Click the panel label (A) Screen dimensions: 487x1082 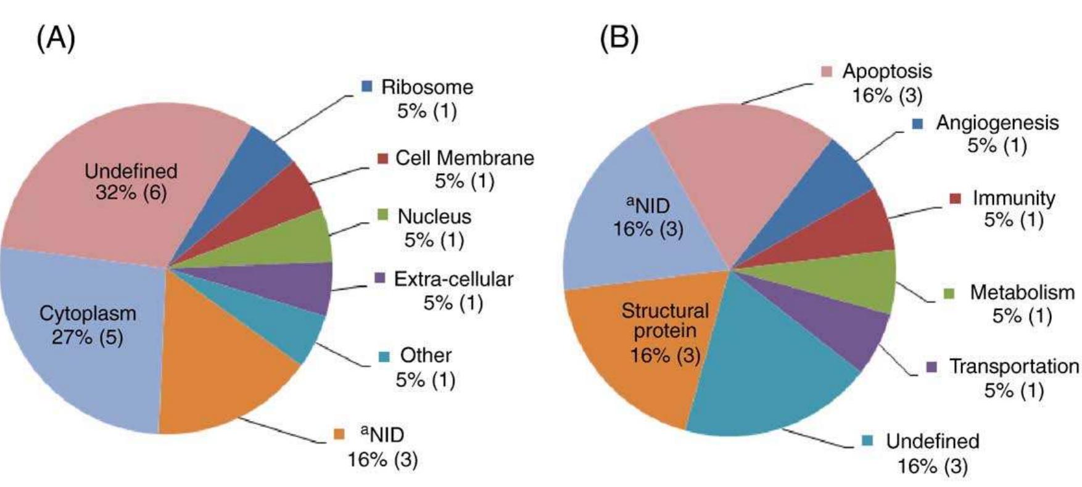click(x=56, y=39)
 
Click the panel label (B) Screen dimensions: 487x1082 click(x=619, y=39)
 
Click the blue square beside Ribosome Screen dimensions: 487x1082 click(x=367, y=87)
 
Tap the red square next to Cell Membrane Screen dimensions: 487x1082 click(x=382, y=158)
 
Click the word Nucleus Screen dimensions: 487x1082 click(x=434, y=216)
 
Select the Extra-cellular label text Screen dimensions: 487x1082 click(x=453, y=279)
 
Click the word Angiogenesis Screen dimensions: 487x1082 click(x=997, y=123)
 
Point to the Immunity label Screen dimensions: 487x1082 click(x=1014, y=198)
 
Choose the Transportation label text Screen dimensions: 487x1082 click(x=1014, y=366)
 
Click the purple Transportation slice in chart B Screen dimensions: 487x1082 click(x=845, y=327)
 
